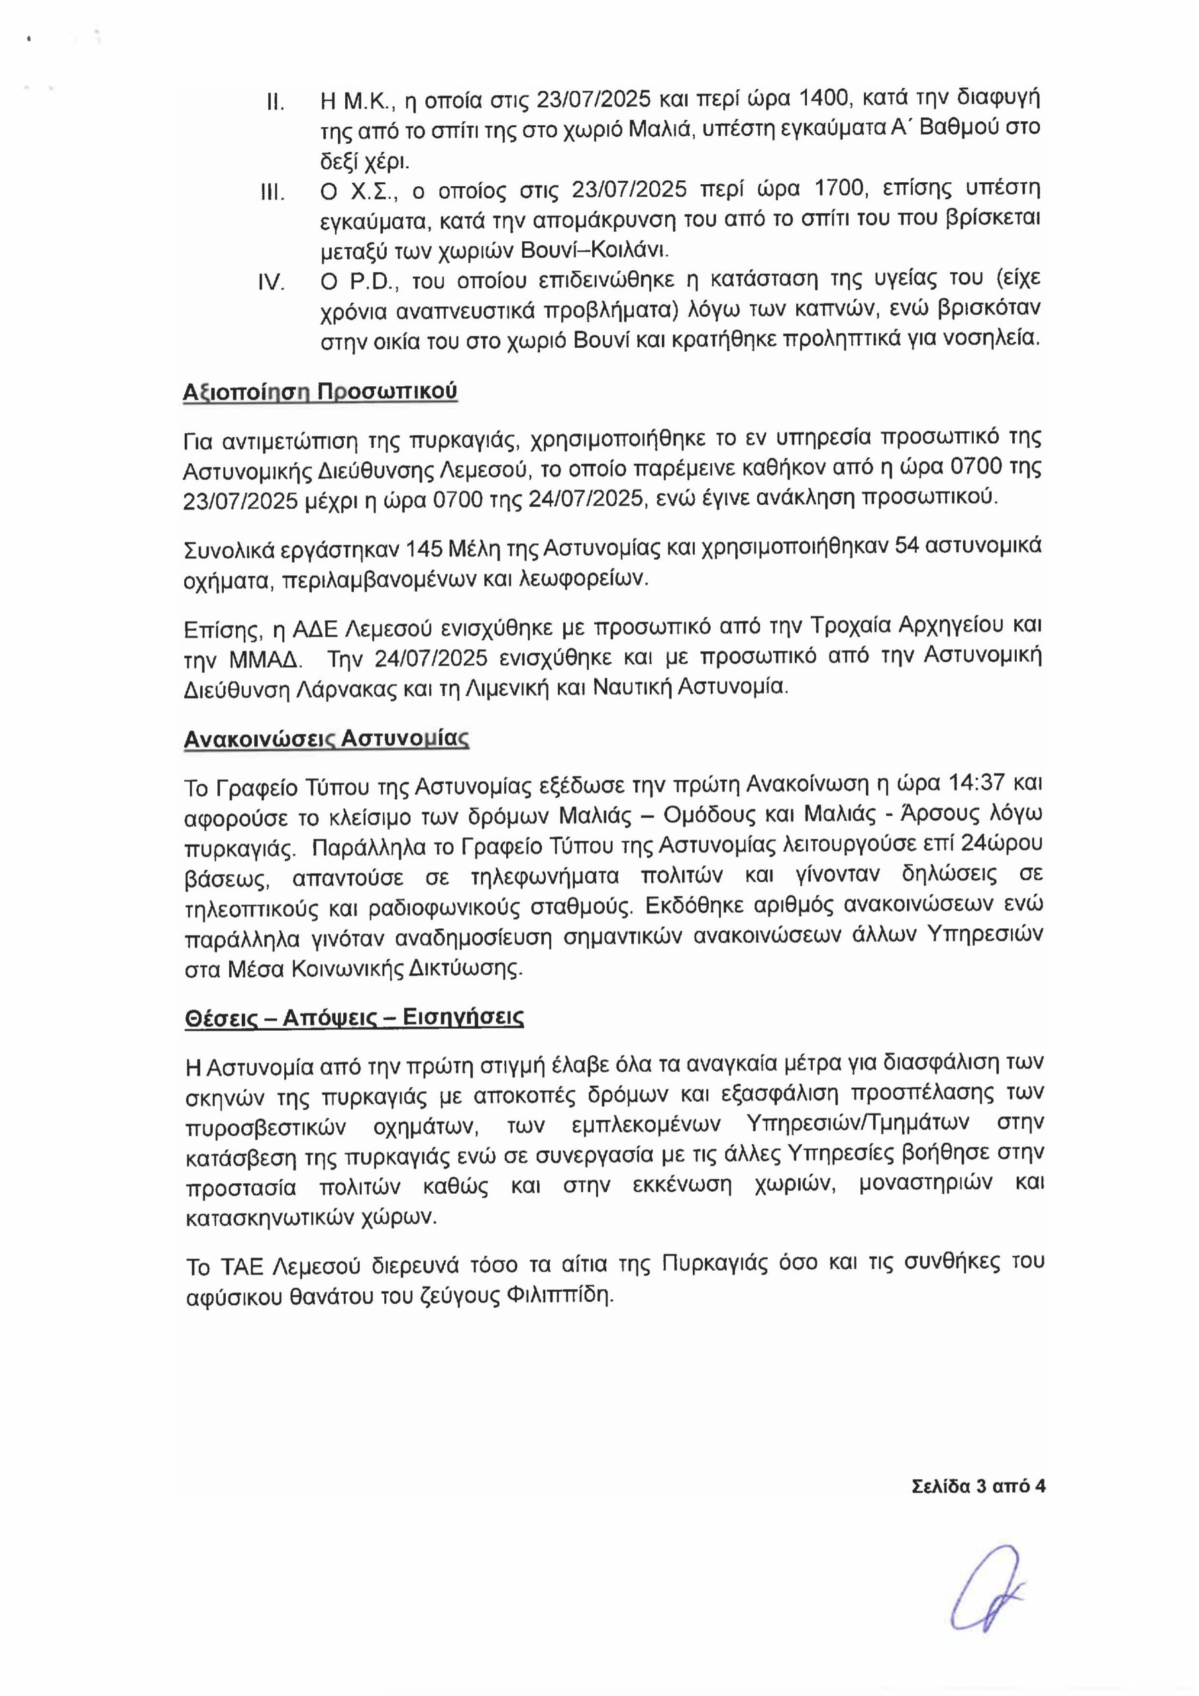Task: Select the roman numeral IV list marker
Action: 271,283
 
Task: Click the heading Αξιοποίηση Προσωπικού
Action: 320,392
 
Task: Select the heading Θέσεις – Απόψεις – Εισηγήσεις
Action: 354,1018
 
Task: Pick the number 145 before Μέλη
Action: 419,547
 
